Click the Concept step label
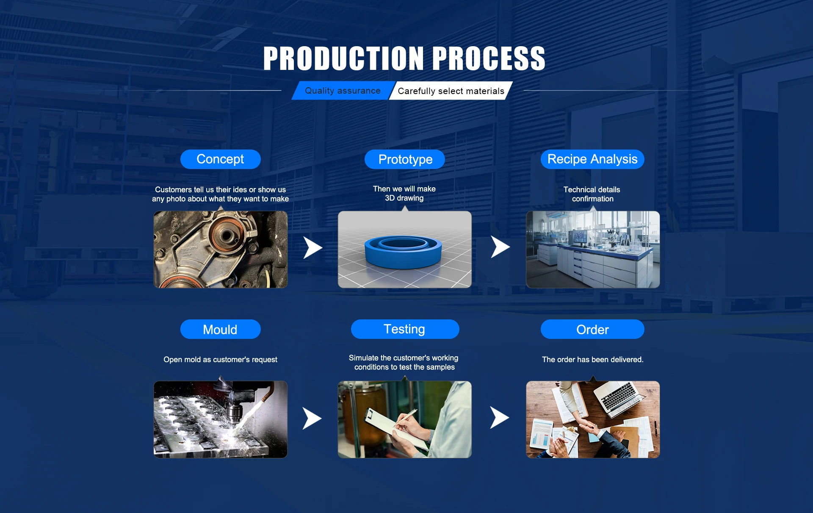[x=220, y=159]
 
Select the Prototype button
[x=405, y=159]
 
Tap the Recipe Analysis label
[x=592, y=159]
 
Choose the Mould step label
[x=220, y=329]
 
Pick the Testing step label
[x=405, y=329]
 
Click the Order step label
[x=592, y=329]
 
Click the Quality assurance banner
[x=343, y=91]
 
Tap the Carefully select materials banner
[x=451, y=91]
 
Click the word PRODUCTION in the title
[x=343, y=58]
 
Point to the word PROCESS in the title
[x=489, y=58]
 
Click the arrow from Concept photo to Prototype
[x=312, y=248]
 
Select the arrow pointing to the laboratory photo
[x=500, y=247]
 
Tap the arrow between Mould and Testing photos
[x=312, y=419]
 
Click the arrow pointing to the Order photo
[x=500, y=418]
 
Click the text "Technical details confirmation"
[x=592, y=194]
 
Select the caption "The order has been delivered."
[x=592, y=360]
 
